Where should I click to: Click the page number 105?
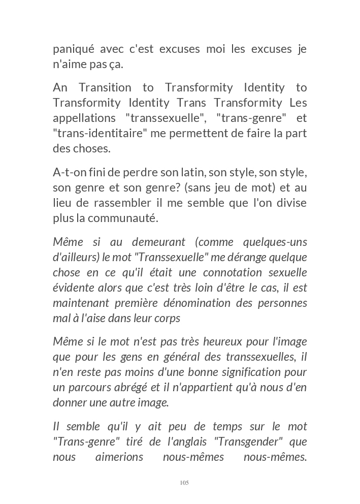(x=184, y=483)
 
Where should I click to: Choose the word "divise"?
(x=292, y=203)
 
